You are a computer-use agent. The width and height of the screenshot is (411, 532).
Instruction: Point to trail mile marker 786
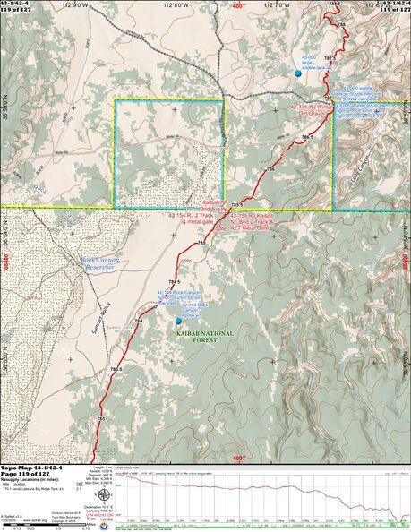(270, 169)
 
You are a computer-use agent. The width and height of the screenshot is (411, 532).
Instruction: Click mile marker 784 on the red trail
(139, 320)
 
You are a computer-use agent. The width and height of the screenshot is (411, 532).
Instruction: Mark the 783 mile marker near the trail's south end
(101, 418)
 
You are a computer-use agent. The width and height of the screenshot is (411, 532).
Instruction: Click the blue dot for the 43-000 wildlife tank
(298, 73)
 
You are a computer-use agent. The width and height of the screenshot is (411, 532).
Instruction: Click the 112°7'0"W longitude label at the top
(257, 4)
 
